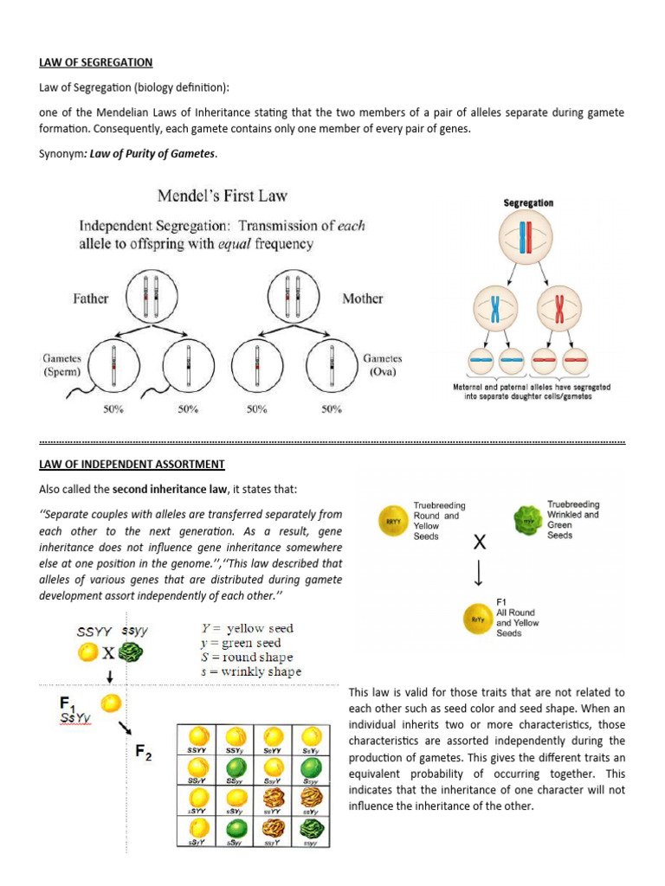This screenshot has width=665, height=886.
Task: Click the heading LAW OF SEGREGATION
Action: [x=96, y=62]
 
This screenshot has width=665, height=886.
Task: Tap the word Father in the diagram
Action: [x=90, y=299]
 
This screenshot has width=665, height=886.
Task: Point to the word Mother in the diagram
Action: [x=363, y=299]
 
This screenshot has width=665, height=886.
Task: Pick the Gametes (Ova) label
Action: [x=382, y=364]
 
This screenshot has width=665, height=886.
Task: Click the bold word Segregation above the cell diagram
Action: [x=528, y=202]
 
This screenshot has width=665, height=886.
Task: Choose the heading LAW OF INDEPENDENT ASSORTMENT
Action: [x=132, y=465]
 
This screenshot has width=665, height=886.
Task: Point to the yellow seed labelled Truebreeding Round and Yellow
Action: [x=392, y=522]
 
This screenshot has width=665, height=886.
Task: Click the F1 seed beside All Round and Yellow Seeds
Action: [x=476, y=620]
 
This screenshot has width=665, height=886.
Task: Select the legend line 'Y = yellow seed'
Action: [x=247, y=628]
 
